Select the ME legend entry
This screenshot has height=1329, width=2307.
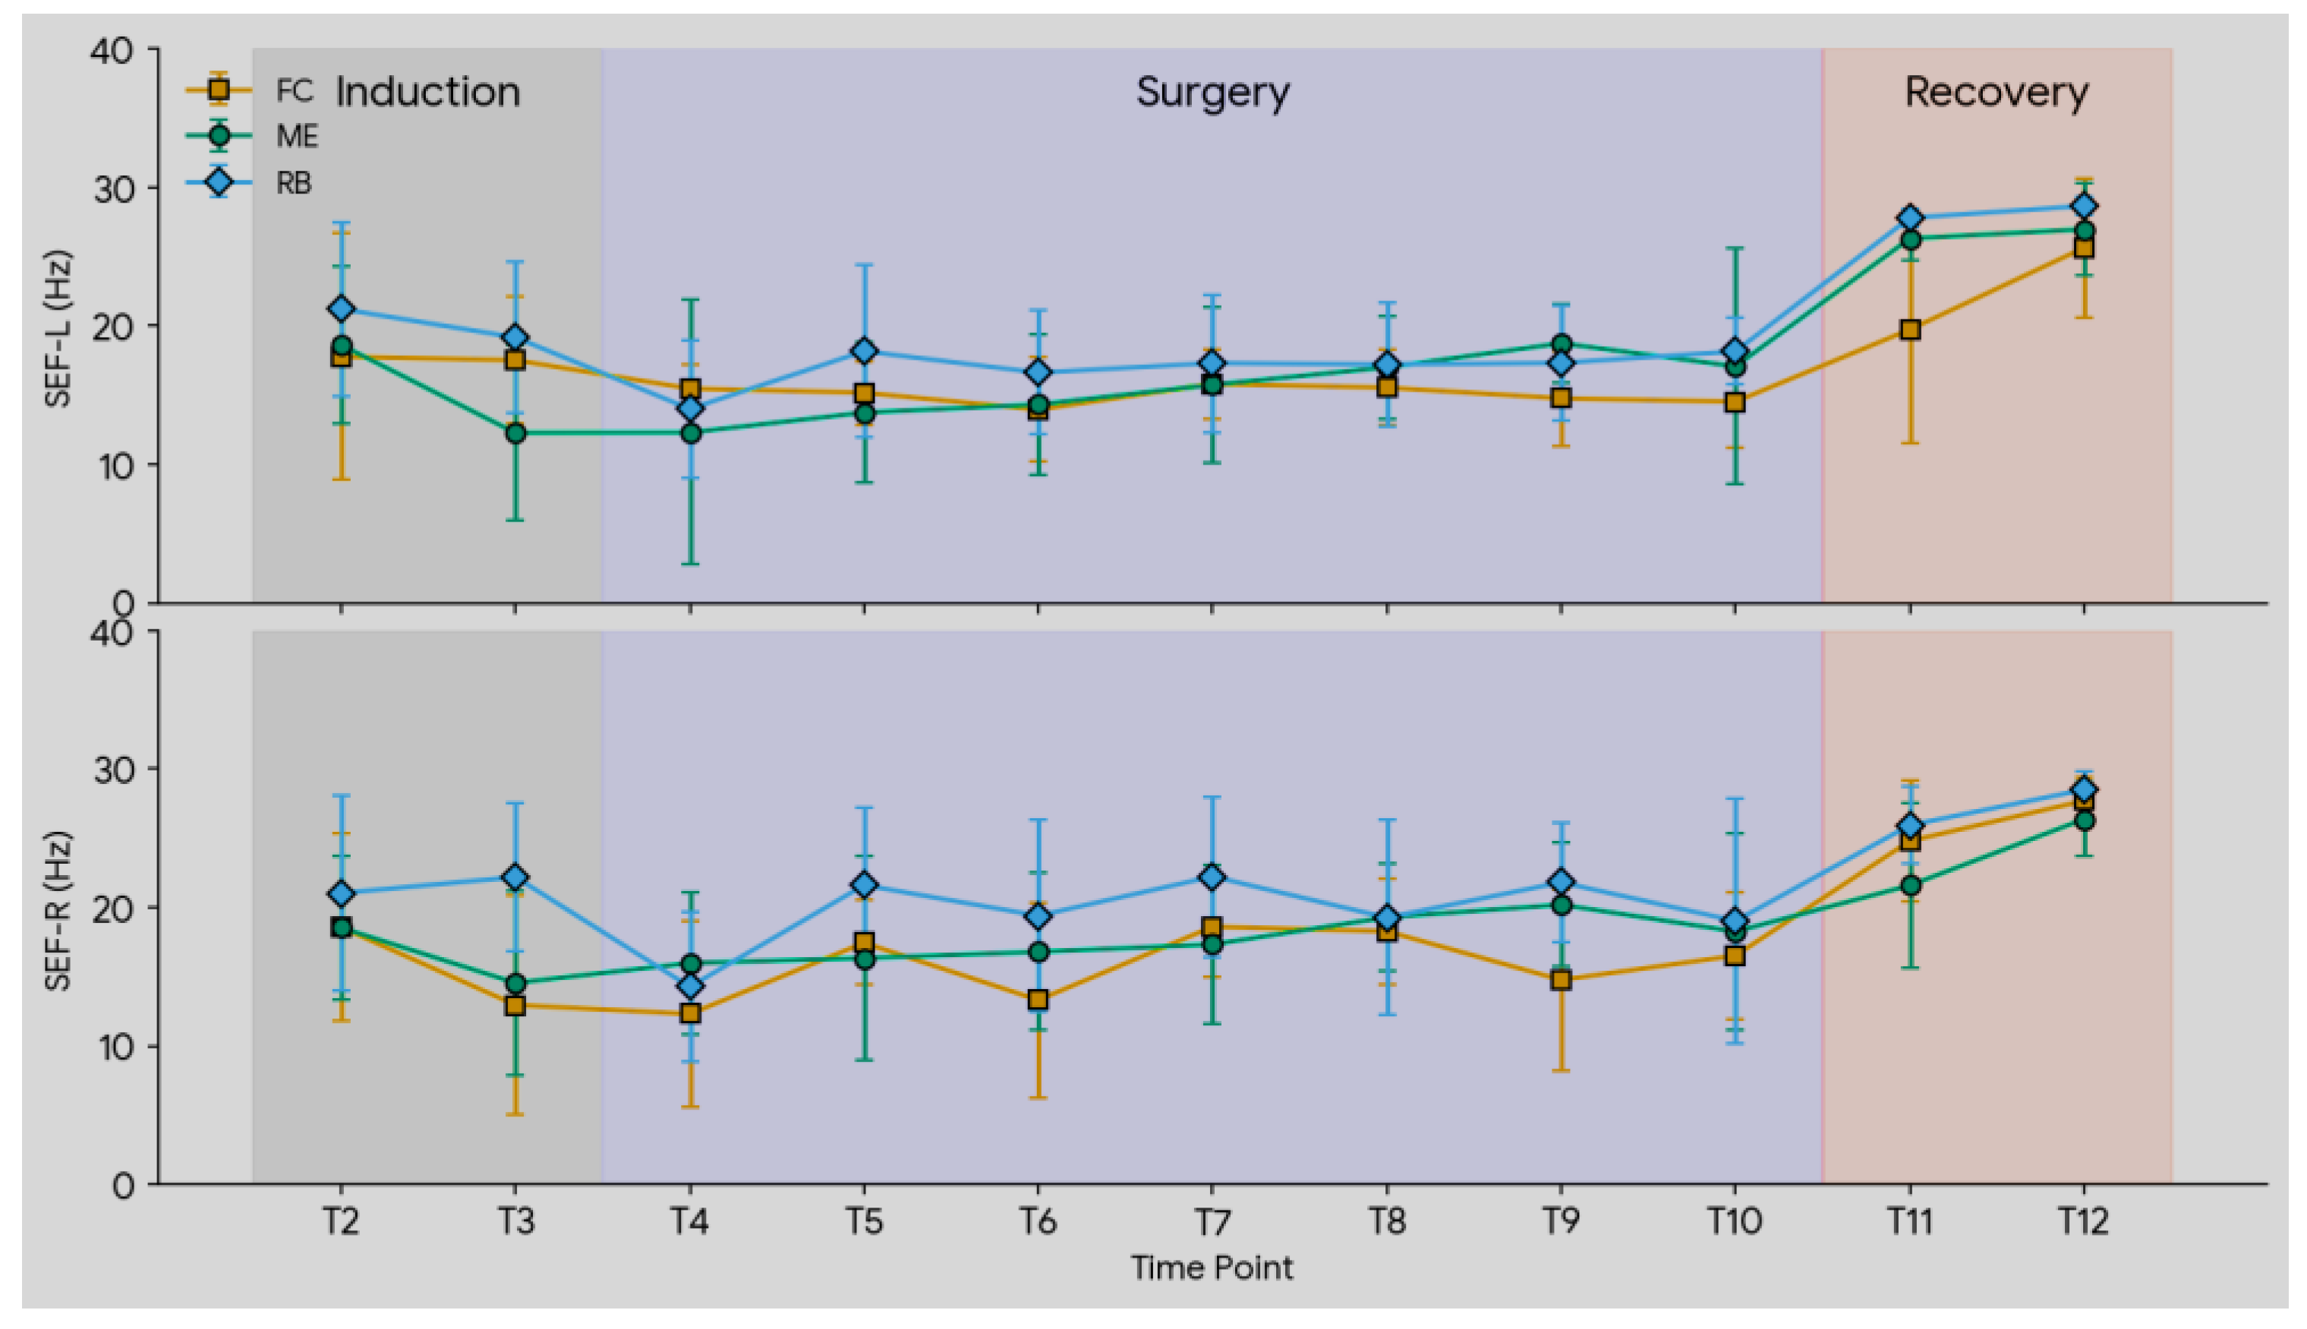tap(252, 136)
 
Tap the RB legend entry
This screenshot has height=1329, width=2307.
tap(249, 183)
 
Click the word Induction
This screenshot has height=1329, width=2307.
tap(428, 92)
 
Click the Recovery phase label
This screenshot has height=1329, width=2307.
tap(1997, 92)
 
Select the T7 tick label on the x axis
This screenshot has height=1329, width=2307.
tap(1212, 1220)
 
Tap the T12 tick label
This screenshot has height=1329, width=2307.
tap(2083, 1220)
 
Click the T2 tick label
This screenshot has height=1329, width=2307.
tap(341, 1220)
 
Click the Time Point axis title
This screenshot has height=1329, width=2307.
tap(1212, 1268)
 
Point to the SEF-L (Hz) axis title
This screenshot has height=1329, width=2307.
tap(58, 328)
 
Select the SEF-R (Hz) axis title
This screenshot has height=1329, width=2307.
tap(58, 909)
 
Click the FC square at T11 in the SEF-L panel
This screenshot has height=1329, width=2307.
tap(1910, 329)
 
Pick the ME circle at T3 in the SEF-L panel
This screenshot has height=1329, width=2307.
tap(515, 433)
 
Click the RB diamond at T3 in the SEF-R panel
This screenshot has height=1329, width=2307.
tap(515, 877)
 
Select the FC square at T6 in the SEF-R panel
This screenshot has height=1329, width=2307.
tap(1037, 1000)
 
